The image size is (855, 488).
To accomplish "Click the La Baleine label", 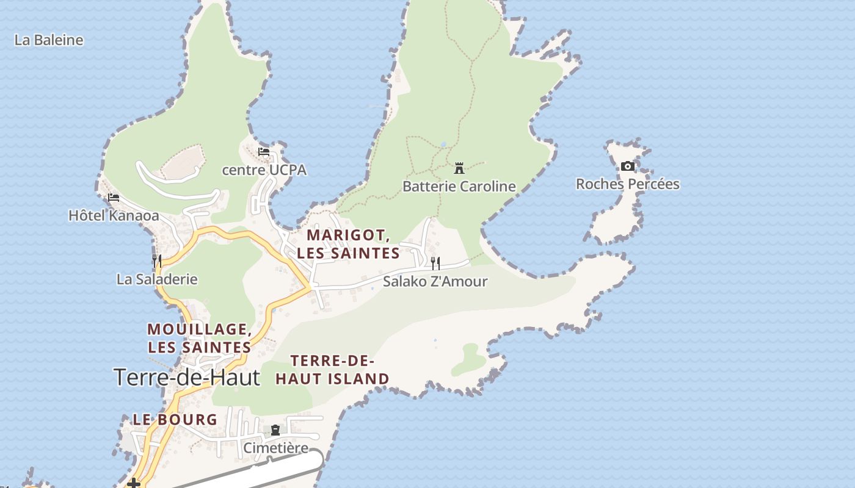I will [x=49, y=40].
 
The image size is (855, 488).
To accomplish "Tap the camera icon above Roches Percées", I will [x=627, y=166].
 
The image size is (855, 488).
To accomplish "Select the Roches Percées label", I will [x=627, y=184].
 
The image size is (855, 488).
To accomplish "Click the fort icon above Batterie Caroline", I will [x=459, y=168].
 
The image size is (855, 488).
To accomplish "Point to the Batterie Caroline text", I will [x=459, y=186].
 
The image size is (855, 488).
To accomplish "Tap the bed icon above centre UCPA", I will [x=264, y=152].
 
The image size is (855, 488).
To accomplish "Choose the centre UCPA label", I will [x=264, y=170].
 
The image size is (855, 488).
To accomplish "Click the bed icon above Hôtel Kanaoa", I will [x=114, y=198].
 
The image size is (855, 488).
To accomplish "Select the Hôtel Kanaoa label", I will [x=114, y=215].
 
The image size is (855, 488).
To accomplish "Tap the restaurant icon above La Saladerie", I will [x=157, y=261].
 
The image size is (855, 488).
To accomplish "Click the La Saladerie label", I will [x=157, y=279].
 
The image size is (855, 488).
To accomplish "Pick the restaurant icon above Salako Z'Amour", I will [x=435, y=263].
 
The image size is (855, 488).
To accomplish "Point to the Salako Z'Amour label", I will [x=435, y=281].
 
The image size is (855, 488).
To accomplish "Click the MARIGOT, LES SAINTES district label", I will [x=348, y=244].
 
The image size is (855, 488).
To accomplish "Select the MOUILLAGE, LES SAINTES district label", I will [x=199, y=338].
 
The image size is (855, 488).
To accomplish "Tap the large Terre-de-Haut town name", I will [x=187, y=378].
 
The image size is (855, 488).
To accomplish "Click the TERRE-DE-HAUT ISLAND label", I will [x=332, y=370].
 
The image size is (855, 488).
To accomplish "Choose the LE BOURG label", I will [x=175, y=420].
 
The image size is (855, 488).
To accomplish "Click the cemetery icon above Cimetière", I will [x=275, y=430].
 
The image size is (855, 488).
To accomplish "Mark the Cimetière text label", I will [x=275, y=448].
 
